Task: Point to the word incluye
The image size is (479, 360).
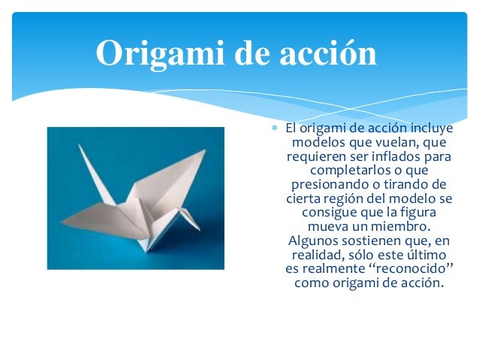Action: (x=428, y=129)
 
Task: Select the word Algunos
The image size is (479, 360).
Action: (x=312, y=241)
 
